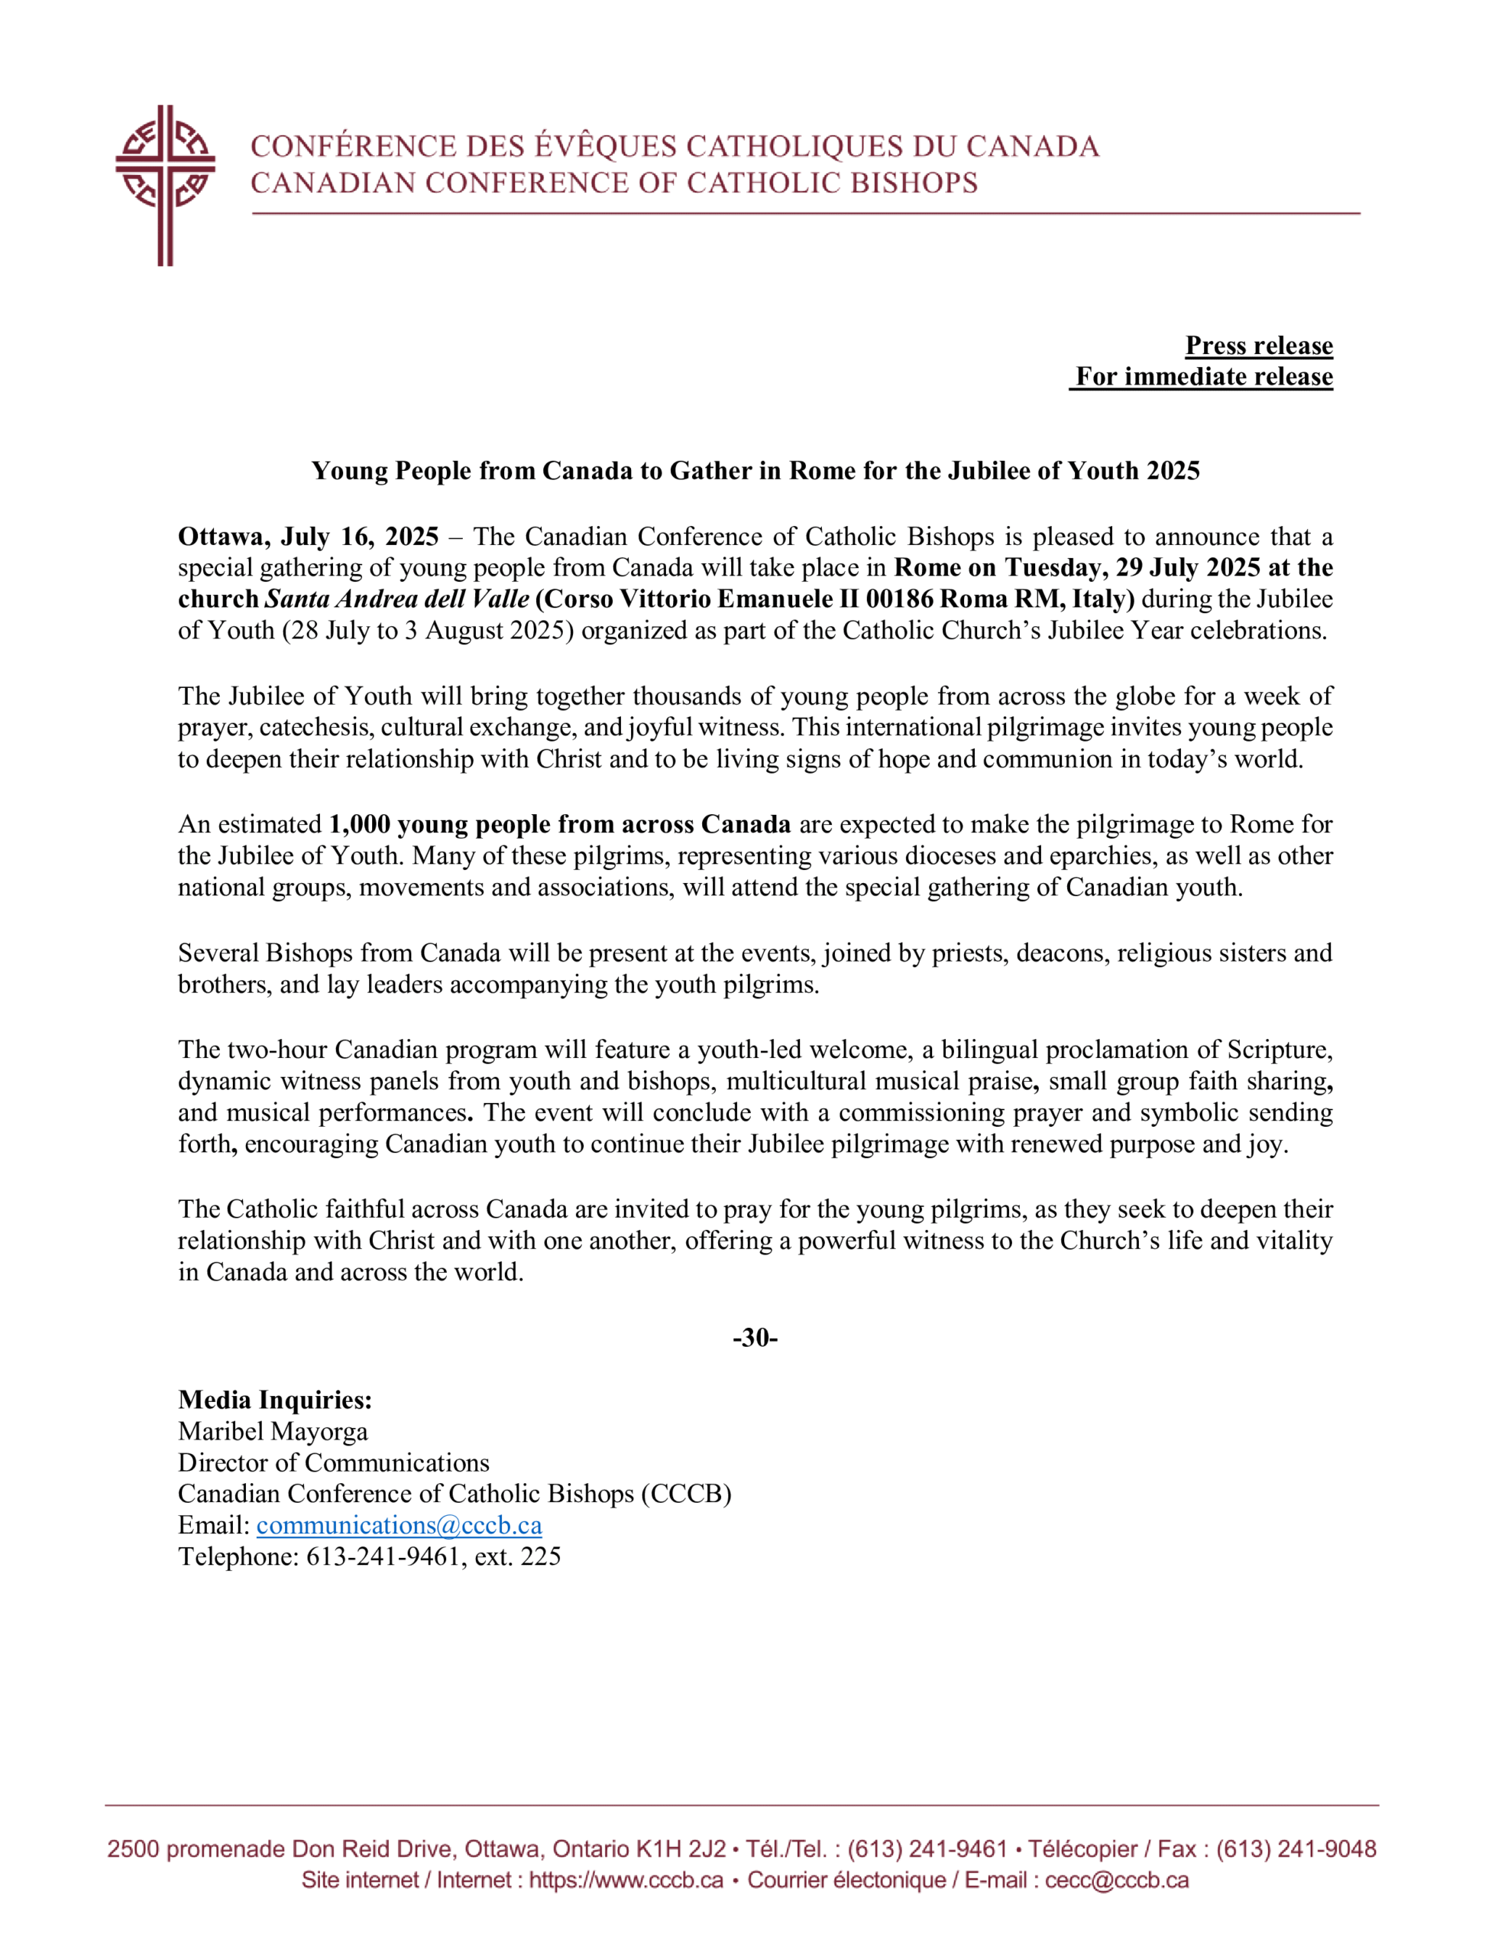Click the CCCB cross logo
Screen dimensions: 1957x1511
[x=165, y=183]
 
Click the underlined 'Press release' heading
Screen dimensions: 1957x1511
[x=1258, y=346]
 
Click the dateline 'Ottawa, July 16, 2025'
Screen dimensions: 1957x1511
[x=308, y=537]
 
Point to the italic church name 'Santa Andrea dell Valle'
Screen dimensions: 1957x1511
[x=396, y=599]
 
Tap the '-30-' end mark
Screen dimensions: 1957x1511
[x=755, y=1338]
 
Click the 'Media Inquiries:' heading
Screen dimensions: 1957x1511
[x=275, y=1400]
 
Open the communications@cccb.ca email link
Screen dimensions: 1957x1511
[x=399, y=1525]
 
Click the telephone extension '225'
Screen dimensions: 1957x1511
[x=540, y=1556]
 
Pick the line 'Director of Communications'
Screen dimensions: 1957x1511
[x=333, y=1462]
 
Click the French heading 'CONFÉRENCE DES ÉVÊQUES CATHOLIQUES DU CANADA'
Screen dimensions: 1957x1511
[x=675, y=146]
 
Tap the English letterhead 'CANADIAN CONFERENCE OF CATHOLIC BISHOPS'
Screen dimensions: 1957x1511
[x=613, y=183]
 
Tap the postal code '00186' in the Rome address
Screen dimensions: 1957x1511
[x=899, y=599]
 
